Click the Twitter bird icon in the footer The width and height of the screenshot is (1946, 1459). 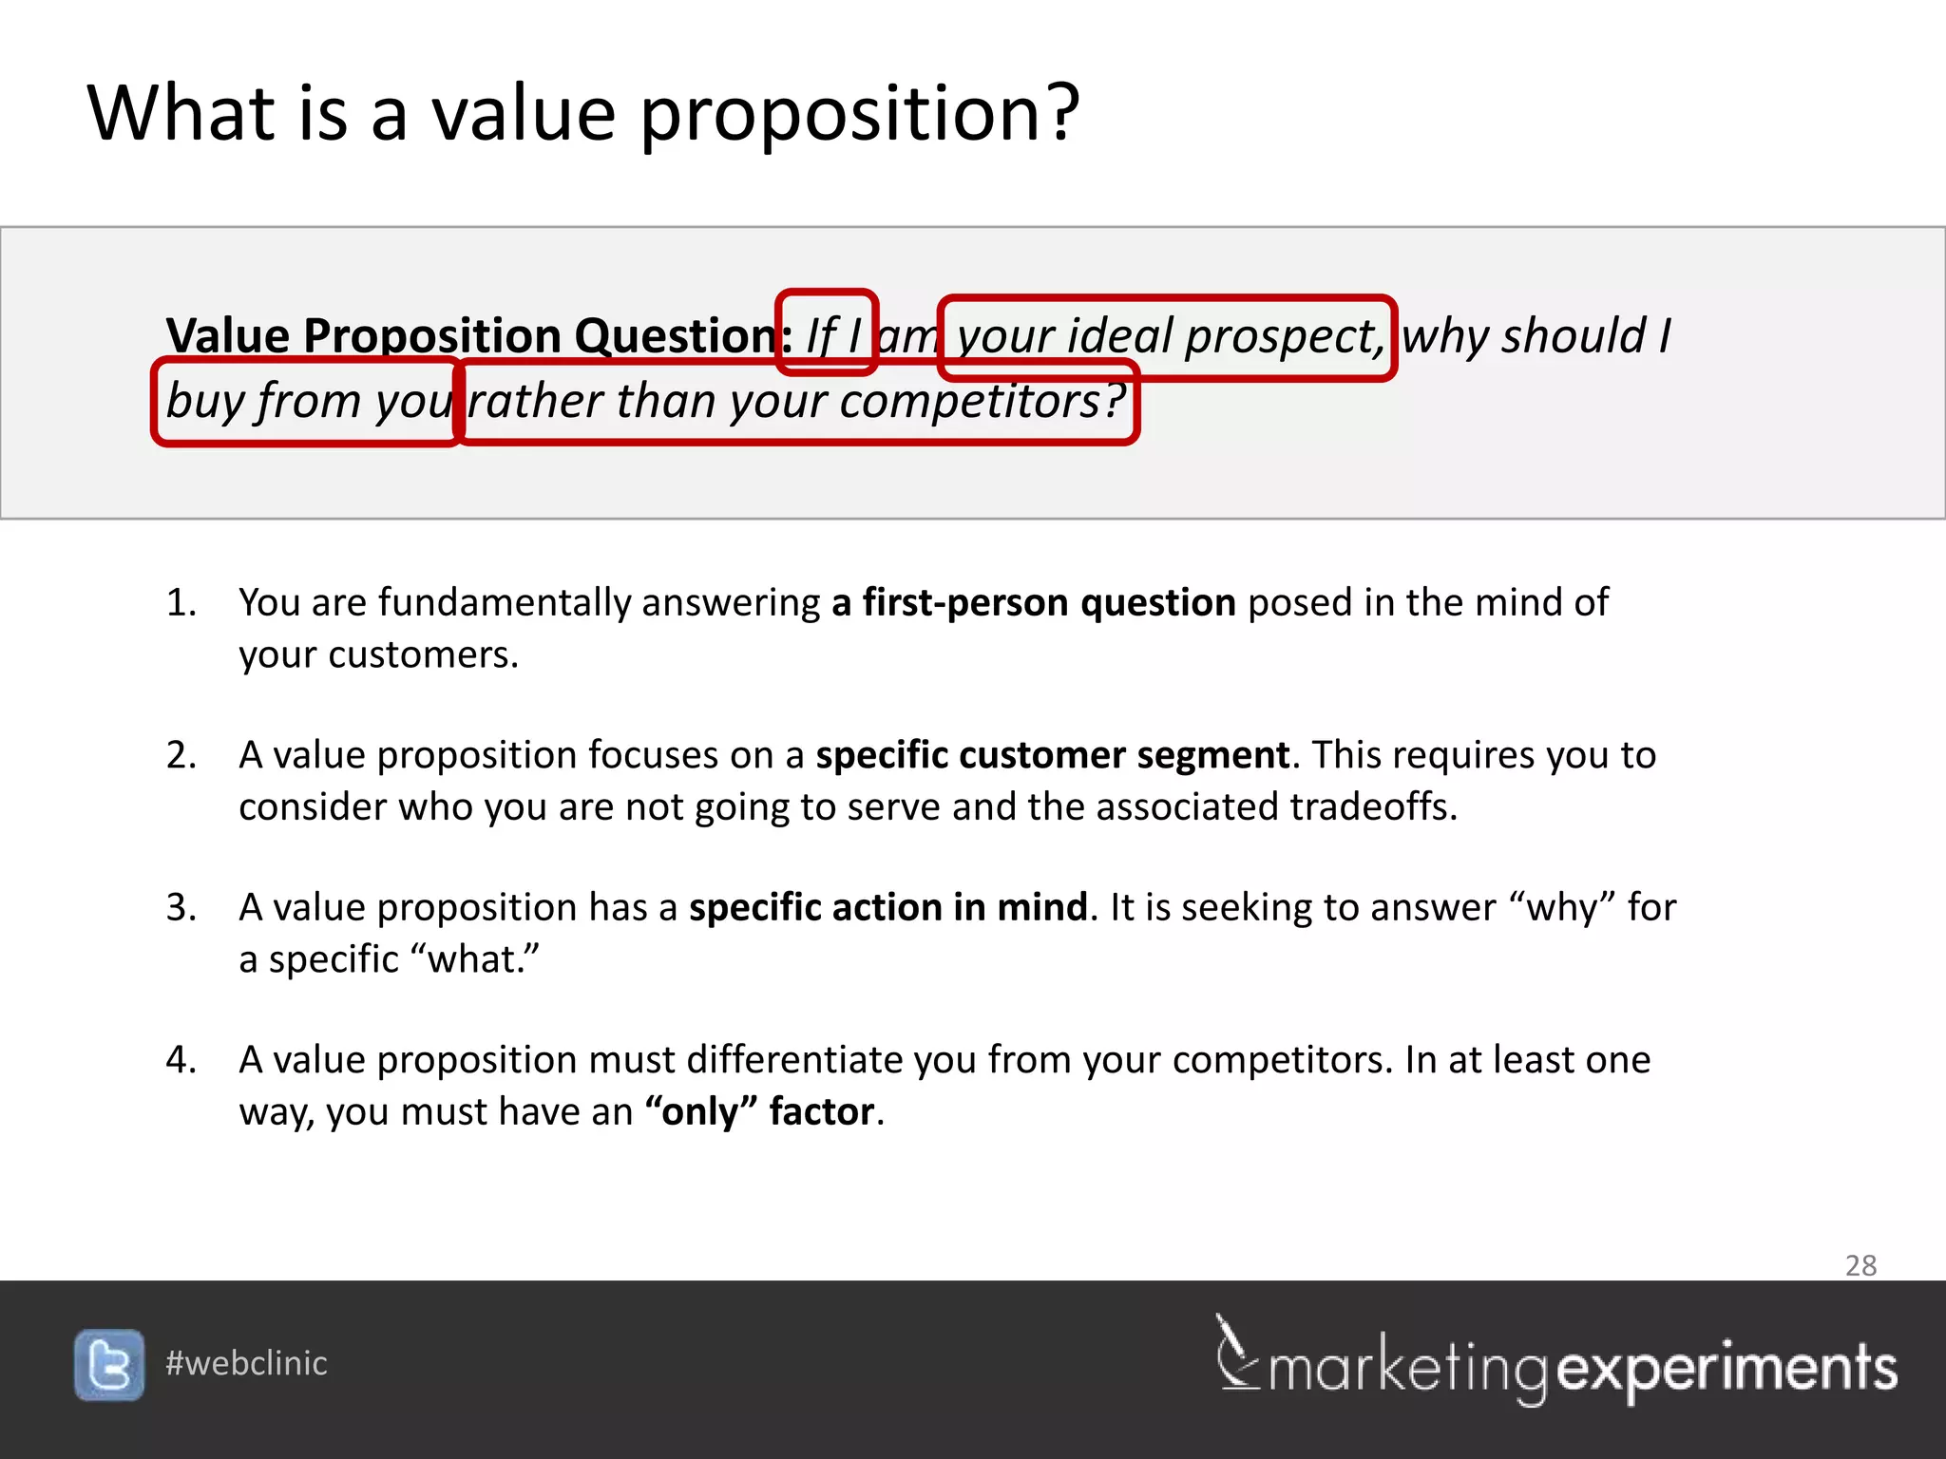click(109, 1365)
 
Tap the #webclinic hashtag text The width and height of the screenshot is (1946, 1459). click(246, 1363)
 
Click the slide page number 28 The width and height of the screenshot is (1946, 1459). click(1860, 1265)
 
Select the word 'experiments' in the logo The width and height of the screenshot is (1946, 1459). click(1727, 1369)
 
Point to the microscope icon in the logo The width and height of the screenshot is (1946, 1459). click(1236, 1353)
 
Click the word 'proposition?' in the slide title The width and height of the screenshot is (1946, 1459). click(860, 114)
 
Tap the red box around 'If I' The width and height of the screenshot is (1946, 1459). click(826, 332)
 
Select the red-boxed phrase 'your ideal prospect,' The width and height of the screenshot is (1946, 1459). click(1167, 337)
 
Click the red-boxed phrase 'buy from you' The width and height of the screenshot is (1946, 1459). click(307, 401)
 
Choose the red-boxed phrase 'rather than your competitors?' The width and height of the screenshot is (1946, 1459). click(796, 401)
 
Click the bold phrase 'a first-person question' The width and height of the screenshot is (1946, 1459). click(1033, 602)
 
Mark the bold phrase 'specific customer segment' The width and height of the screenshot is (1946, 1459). click(1052, 755)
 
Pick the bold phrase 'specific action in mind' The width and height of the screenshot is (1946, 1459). click(887, 907)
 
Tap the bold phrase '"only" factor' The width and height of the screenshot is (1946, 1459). click(759, 1111)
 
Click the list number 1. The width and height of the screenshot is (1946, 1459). click(181, 602)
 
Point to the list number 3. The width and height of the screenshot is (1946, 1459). click(181, 907)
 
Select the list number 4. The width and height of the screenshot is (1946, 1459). click(181, 1059)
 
